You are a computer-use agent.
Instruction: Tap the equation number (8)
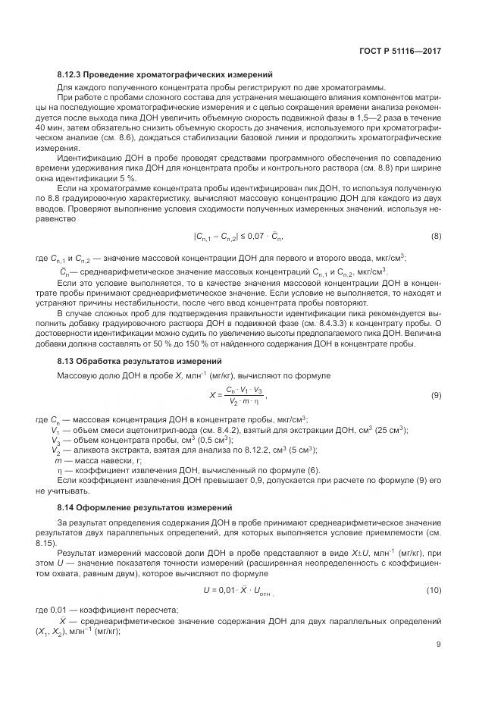436,237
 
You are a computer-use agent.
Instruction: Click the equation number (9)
436,395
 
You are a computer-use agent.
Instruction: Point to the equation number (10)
434,589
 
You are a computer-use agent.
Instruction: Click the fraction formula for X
237,395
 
